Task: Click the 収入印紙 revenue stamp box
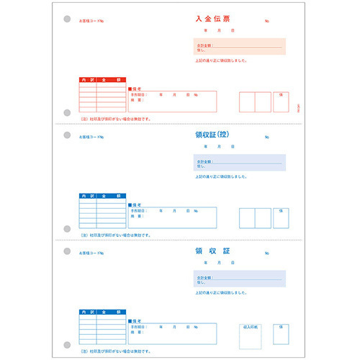click(x=251, y=336)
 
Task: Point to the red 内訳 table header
click(x=87, y=80)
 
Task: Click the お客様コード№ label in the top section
click(x=91, y=21)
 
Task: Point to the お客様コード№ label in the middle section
click(x=91, y=137)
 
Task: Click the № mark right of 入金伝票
click(x=267, y=22)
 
